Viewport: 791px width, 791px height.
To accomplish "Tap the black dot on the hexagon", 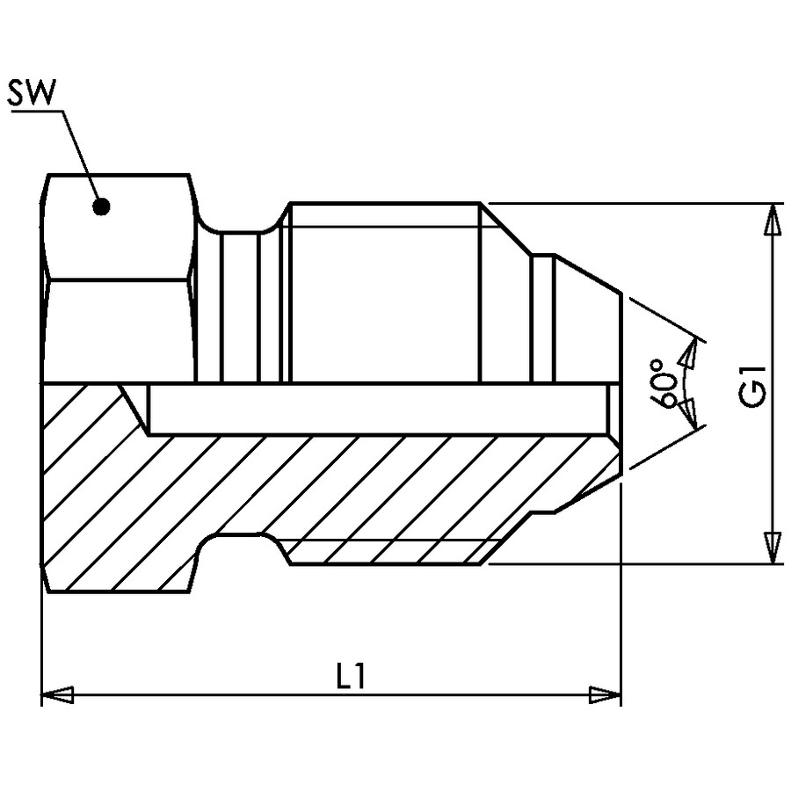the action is (101, 206).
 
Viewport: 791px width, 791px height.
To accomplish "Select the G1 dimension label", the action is (752, 386).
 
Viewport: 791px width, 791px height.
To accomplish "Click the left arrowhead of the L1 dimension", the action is (57, 694).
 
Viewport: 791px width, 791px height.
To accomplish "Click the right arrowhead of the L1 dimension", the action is (606, 694).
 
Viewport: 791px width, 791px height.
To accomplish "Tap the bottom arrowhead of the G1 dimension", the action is (771, 548).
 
